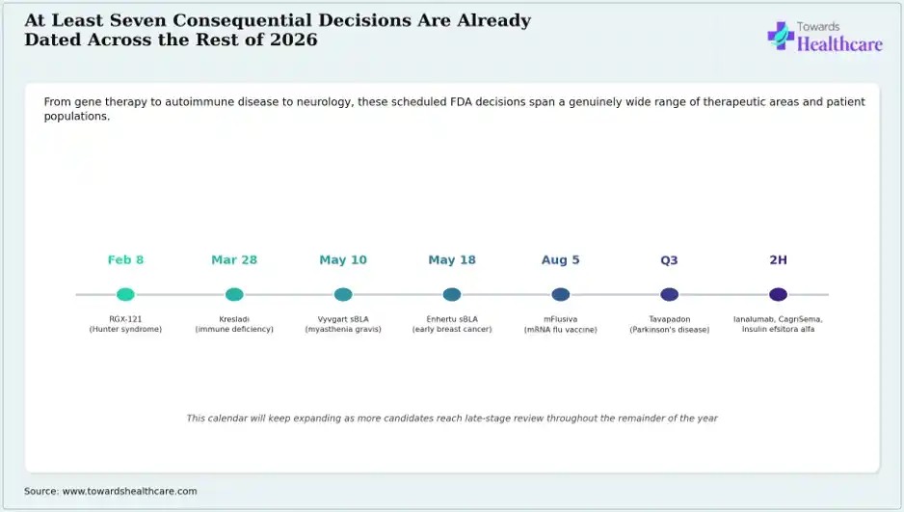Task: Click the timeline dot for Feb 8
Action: [125, 295]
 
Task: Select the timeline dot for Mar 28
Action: [234, 295]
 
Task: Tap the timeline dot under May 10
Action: [343, 295]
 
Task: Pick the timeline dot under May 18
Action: [452, 295]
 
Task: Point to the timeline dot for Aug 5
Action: [560, 295]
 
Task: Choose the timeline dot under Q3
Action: [670, 295]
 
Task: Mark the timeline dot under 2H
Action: [779, 295]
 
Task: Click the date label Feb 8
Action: [125, 260]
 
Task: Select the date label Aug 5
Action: [560, 260]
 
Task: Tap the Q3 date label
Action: [670, 260]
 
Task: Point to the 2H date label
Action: [779, 260]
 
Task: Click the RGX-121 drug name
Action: [125, 319]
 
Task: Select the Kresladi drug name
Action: [234, 319]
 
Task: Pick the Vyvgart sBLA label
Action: [343, 319]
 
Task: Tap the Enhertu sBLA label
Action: [452, 319]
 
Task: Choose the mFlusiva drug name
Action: [560, 319]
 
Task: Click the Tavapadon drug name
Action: [670, 319]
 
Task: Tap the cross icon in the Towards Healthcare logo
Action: [781, 36]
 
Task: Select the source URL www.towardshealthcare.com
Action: [130, 491]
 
